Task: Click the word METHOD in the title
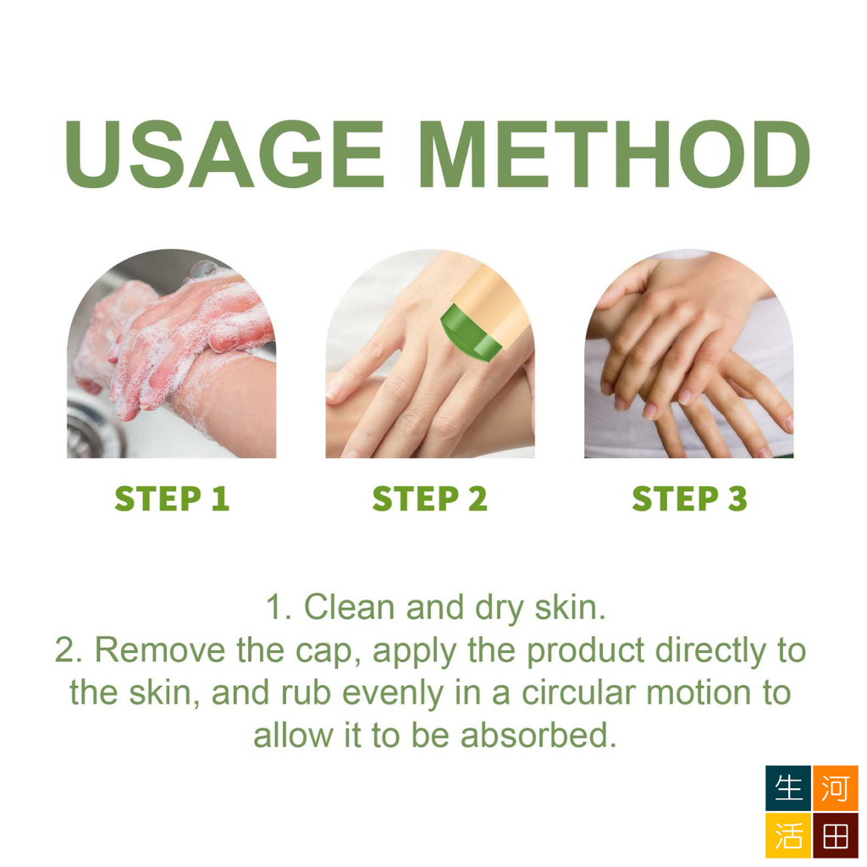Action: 615,154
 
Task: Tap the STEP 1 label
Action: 172,498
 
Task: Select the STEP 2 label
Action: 429,498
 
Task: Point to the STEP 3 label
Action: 689,498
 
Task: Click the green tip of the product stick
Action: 469,335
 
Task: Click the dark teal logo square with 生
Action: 788,788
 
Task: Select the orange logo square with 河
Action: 835,788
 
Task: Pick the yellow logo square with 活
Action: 788,835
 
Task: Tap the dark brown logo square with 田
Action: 835,835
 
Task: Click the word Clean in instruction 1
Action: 349,607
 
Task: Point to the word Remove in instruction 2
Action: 159,649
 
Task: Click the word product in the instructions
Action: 586,651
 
